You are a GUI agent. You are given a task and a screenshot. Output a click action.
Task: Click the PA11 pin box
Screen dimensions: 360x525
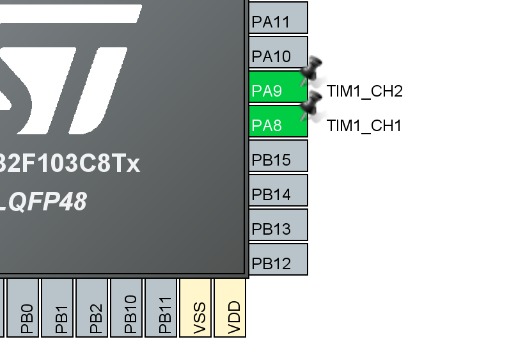click(x=278, y=18)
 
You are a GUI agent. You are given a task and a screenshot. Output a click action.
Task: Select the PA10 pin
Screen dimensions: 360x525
click(x=278, y=52)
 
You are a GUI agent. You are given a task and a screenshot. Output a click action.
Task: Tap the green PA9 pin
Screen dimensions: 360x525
click(x=278, y=87)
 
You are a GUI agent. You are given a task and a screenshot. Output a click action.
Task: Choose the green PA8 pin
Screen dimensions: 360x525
click(x=278, y=121)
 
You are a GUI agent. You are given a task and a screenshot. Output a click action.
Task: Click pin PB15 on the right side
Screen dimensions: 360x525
click(x=278, y=156)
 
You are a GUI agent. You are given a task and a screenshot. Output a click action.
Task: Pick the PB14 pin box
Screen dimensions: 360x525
click(x=278, y=191)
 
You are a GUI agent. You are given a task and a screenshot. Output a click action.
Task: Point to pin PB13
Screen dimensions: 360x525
click(x=278, y=225)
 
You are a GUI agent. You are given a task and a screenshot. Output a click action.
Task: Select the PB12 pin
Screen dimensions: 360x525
click(x=278, y=260)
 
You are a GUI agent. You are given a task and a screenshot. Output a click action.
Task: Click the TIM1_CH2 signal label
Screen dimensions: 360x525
click(x=364, y=91)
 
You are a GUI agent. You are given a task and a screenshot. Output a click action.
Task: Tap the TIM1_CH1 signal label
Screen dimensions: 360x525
click(x=364, y=126)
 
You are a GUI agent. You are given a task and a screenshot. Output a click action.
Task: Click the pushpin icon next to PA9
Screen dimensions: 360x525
click(x=312, y=70)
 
